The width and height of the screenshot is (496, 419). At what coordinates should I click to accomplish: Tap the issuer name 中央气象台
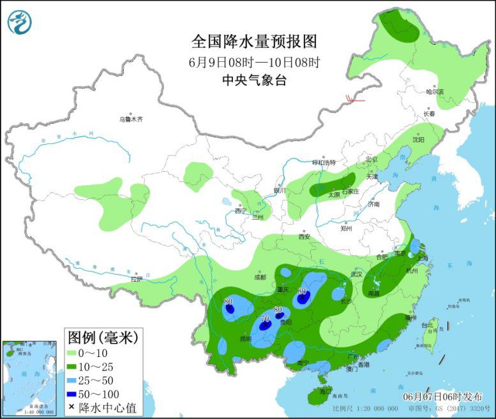click(x=254, y=80)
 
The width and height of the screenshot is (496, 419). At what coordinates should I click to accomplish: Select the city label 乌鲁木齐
click(x=132, y=119)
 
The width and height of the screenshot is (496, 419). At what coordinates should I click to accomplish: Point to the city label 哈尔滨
click(x=435, y=92)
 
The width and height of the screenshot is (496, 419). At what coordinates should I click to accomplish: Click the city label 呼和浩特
click(x=323, y=162)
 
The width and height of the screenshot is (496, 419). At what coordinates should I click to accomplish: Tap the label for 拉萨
click(x=137, y=279)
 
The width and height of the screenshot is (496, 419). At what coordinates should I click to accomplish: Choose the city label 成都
click(x=260, y=277)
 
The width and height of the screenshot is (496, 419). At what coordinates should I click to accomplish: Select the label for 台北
click(x=427, y=325)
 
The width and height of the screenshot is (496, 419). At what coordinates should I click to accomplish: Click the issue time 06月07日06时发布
click(x=442, y=396)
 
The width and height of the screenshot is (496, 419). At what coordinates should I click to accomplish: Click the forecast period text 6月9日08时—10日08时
click(x=254, y=62)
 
